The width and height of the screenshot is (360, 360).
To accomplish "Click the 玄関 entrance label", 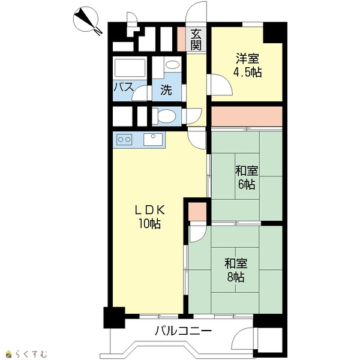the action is (196, 39).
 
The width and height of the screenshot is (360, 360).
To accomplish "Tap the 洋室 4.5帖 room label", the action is (247, 65).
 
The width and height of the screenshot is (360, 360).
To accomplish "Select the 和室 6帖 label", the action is (247, 177).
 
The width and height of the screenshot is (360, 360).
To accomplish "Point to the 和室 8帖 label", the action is (236, 270).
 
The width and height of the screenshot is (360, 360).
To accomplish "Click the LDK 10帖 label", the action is (149, 217).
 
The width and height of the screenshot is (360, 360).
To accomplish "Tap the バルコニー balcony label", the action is (183, 331).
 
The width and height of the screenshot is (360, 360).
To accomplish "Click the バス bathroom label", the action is (124, 87).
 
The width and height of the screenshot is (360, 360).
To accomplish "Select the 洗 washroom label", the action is (166, 90).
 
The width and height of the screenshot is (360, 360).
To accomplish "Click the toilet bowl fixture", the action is (164, 116).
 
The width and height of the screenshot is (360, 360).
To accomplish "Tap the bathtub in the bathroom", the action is (130, 68).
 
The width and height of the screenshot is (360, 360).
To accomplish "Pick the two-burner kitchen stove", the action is (124, 139).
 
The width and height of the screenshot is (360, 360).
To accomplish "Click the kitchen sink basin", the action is (153, 139).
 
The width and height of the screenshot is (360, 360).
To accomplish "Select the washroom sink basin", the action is (172, 65).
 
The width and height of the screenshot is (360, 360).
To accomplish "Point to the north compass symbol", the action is (87, 20).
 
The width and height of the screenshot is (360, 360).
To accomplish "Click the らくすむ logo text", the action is (31, 354).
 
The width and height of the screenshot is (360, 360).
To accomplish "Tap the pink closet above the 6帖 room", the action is (247, 116).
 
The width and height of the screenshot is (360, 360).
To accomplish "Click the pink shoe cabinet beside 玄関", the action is (181, 39).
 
